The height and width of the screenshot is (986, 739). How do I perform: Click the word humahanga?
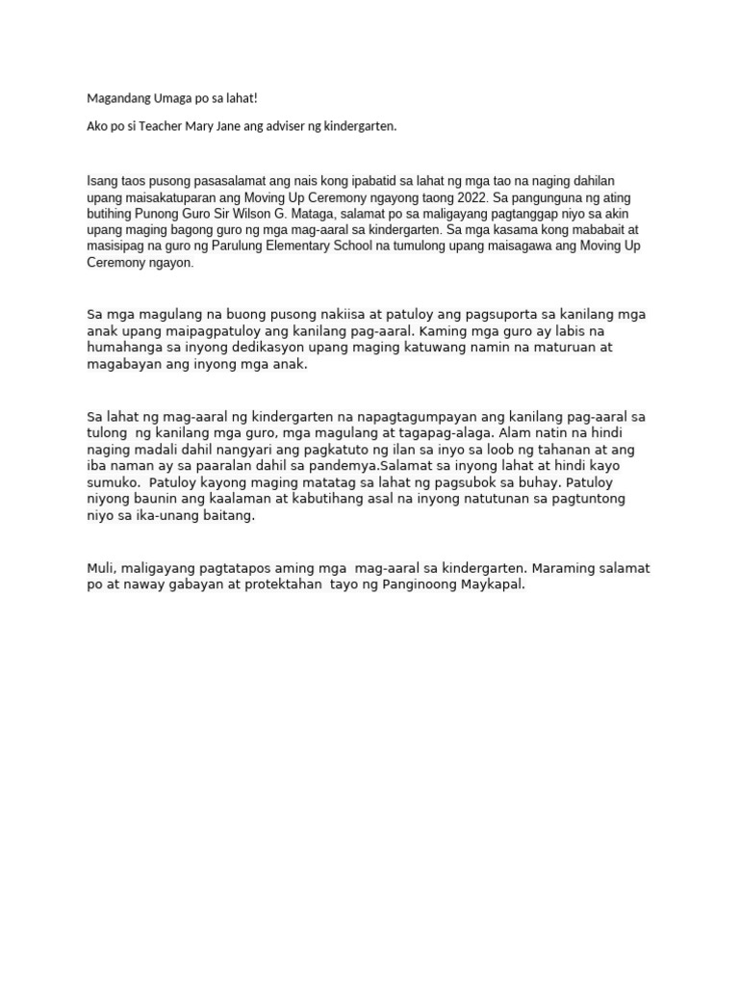click(x=126, y=349)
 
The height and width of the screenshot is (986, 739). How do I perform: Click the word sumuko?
click(x=113, y=482)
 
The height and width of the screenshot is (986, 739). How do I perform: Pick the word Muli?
click(x=101, y=568)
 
